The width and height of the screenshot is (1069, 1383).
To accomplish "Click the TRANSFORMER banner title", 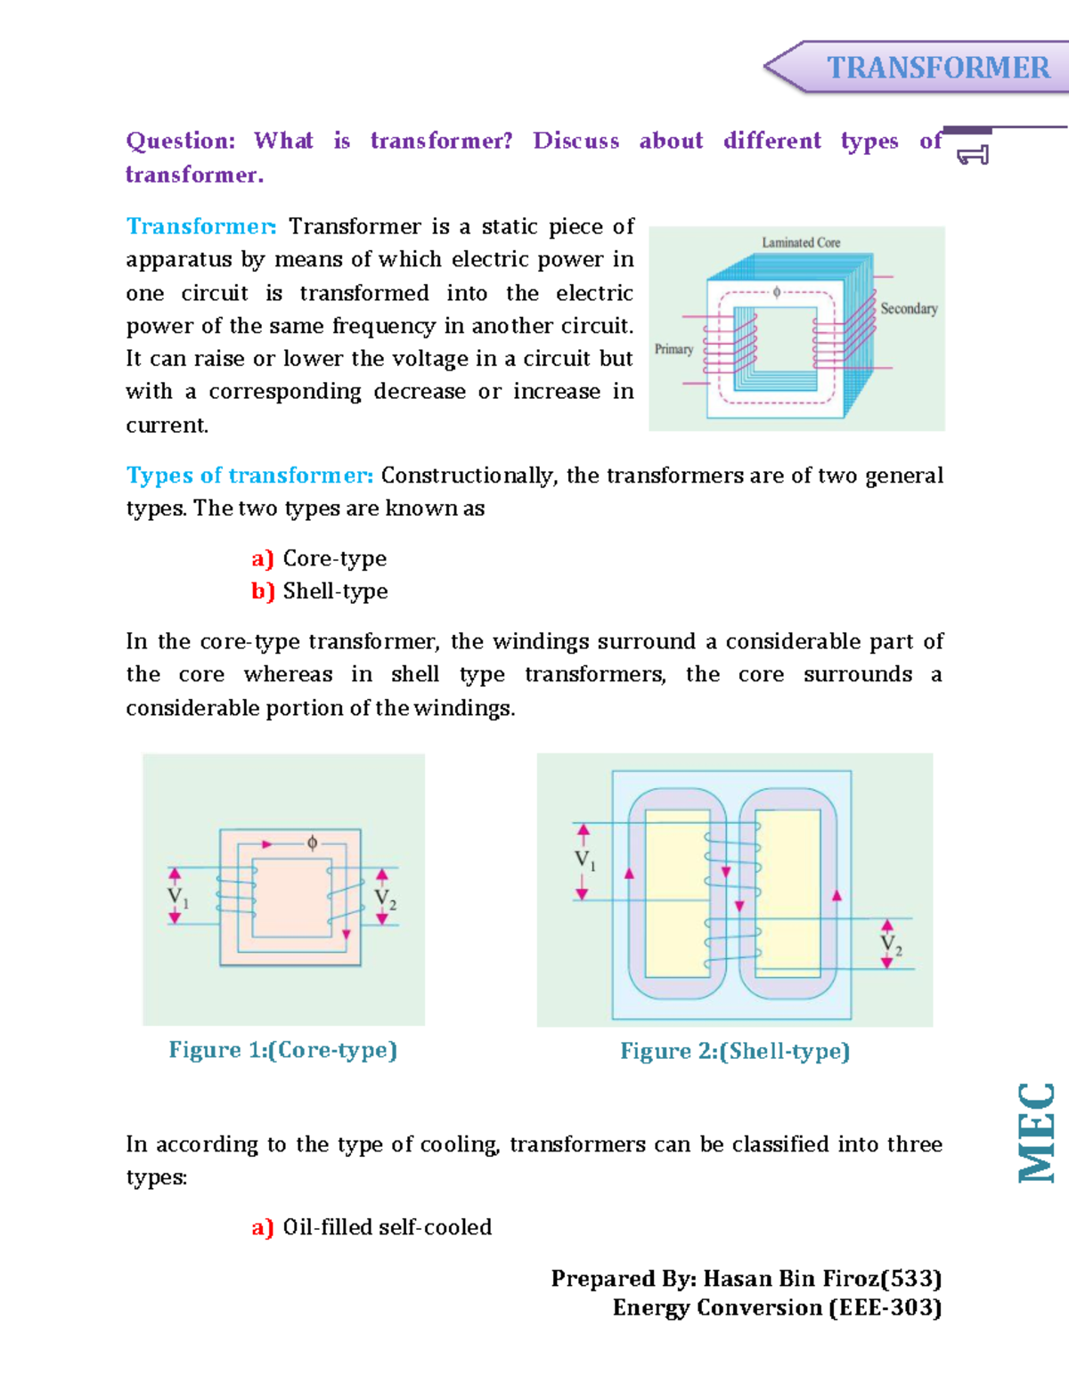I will (938, 68).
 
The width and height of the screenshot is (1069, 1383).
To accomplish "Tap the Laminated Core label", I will (801, 242).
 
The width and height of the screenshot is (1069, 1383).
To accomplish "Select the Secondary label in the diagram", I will (909, 309).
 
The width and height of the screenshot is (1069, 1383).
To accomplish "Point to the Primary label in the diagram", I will (673, 349).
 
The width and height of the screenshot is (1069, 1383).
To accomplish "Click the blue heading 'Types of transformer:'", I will (249, 476).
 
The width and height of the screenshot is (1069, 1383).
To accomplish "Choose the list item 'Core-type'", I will (334, 558).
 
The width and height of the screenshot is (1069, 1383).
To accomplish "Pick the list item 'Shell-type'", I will (335, 591).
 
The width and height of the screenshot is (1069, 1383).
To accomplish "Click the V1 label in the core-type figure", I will (178, 898).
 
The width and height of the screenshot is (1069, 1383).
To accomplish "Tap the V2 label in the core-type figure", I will (385, 899).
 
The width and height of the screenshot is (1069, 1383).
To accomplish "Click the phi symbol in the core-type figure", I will (312, 842).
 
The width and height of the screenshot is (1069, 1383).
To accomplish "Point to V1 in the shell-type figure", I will (584, 861).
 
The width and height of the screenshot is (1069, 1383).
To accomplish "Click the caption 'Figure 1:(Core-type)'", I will (282, 1050).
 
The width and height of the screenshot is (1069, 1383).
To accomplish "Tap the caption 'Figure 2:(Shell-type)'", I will (735, 1052).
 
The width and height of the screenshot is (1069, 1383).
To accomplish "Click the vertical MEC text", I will (1038, 1132).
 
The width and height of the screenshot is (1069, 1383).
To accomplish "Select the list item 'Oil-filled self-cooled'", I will (387, 1227).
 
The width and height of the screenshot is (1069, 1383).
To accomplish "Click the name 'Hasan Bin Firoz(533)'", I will (822, 1279).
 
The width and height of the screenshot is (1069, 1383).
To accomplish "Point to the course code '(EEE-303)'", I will (885, 1308).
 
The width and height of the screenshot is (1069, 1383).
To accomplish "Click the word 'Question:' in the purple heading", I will (180, 141).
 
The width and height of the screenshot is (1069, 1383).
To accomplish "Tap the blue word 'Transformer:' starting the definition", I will (201, 226).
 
